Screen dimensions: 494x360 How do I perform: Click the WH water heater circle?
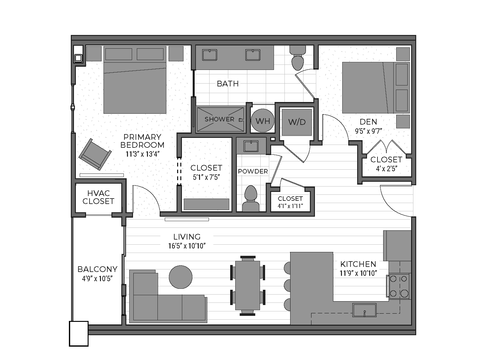click(263, 120)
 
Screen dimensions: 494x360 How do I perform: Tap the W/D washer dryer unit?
click(297, 122)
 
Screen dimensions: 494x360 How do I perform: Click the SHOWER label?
click(219, 119)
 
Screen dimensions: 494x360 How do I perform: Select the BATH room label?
click(228, 84)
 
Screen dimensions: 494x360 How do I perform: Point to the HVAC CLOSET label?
click(98, 197)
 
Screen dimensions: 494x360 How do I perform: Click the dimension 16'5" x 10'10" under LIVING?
click(187, 246)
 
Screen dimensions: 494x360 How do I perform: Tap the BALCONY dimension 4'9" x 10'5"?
click(97, 279)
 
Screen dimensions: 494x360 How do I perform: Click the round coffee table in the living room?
click(181, 277)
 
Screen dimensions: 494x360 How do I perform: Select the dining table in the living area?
click(248, 286)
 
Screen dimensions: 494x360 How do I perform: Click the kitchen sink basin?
click(364, 310)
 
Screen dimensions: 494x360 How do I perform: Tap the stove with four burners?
click(399, 286)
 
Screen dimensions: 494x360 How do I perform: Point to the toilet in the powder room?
click(251, 199)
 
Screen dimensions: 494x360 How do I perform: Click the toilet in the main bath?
click(298, 58)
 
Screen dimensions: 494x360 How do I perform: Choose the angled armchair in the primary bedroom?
click(95, 154)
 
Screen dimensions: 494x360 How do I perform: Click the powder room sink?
click(251, 146)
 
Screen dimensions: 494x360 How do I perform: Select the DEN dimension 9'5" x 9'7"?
click(368, 131)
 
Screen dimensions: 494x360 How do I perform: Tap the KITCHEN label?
click(358, 264)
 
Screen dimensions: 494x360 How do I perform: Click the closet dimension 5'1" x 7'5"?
click(206, 177)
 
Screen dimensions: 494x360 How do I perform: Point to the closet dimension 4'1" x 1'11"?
click(290, 206)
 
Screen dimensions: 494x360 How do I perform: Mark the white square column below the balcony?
click(79, 334)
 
